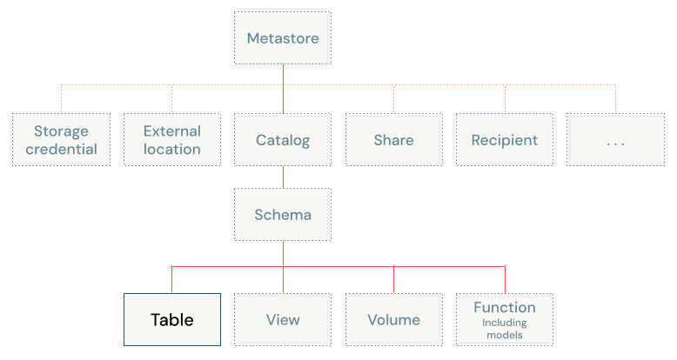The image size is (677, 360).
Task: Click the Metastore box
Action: click(283, 38)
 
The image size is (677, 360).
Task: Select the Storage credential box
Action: click(61, 140)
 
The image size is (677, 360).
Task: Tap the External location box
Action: click(172, 140)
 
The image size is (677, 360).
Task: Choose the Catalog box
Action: click(283, 140)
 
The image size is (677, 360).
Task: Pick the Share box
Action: click(393, 140)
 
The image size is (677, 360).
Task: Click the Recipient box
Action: click(505, 140)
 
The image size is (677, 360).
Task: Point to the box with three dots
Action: click(615, 140)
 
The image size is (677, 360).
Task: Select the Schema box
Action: click(283, 215)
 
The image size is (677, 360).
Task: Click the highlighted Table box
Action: click(172, 320)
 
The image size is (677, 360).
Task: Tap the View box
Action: click(283, 320)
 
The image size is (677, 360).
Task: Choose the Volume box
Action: click(393, 320)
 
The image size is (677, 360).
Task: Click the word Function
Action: click(505, 307)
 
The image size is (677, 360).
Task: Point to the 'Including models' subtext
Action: click(505, 329)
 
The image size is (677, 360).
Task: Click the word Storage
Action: click(61, 131)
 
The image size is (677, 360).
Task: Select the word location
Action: click(172, 150)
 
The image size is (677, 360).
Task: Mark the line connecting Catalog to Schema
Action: click(283, 177)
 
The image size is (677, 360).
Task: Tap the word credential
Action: click(61, 150)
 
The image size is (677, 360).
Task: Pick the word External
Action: click(172, 131)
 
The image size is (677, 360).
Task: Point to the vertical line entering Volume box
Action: click(393, 280)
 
